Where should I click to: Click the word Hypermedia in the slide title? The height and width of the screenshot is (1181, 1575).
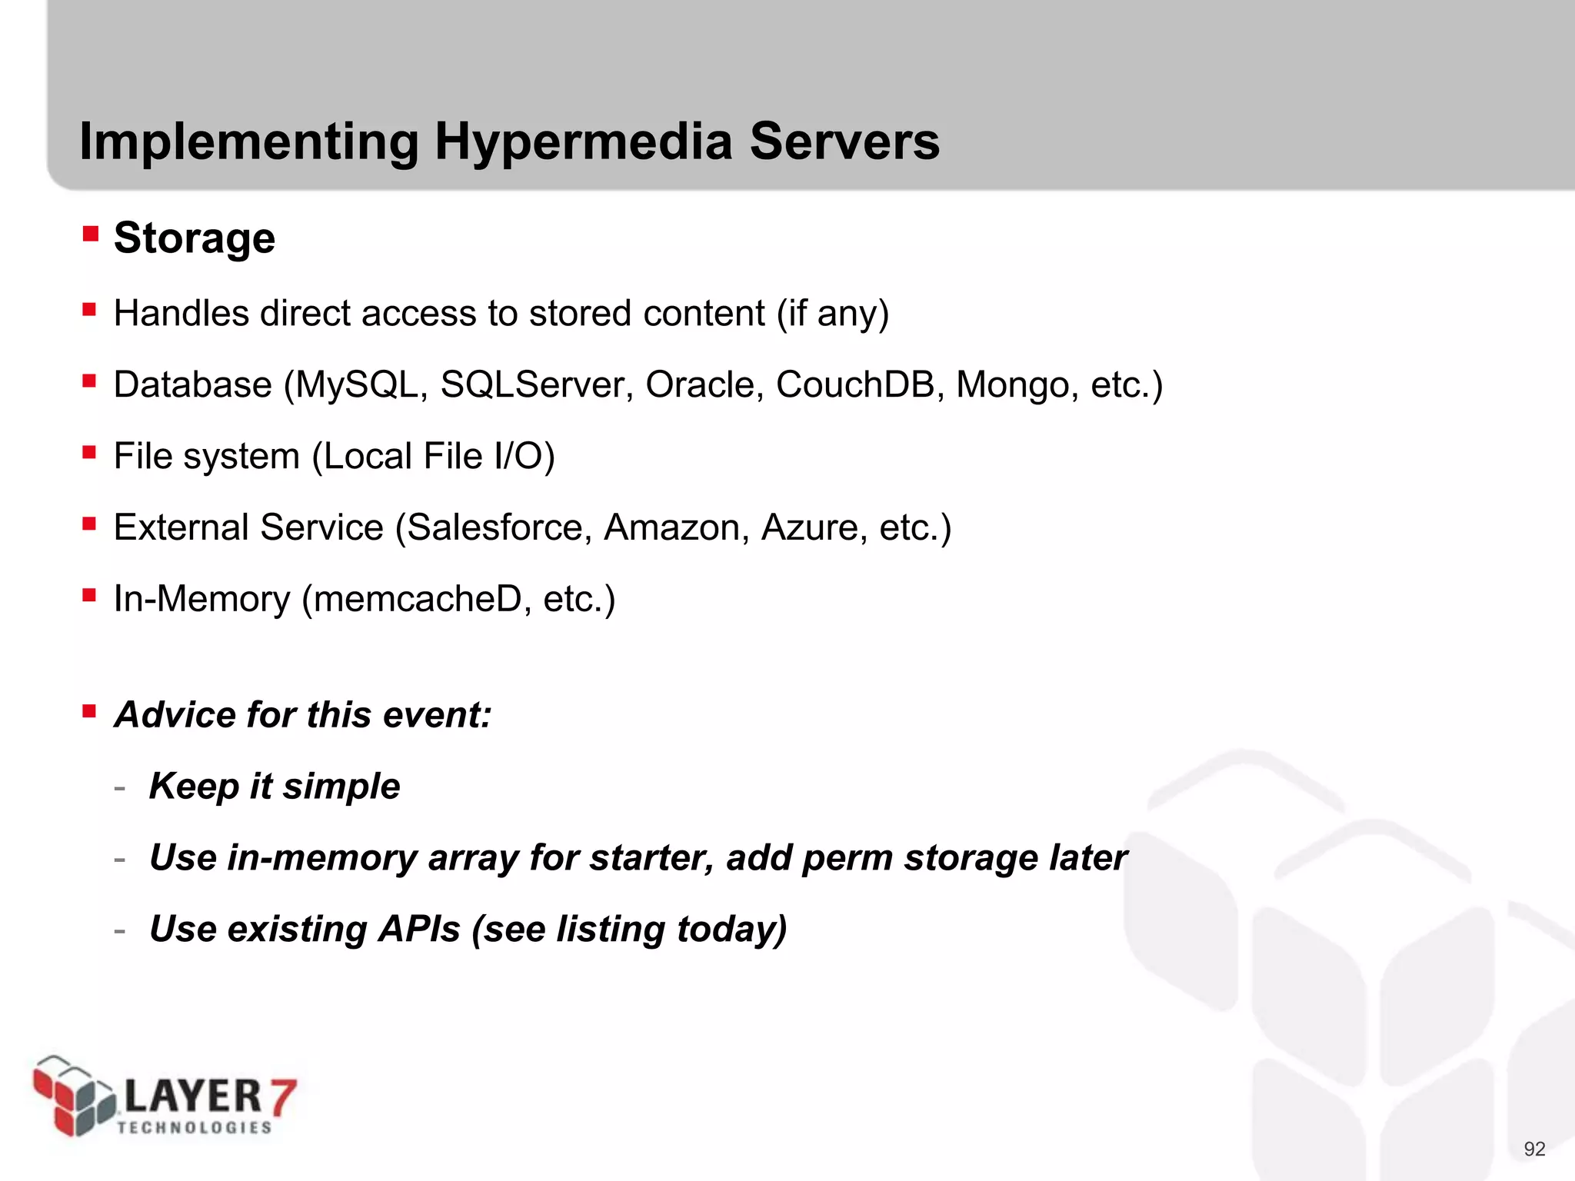click(583, 142)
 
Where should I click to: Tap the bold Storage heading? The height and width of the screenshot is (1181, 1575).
click(195, 238)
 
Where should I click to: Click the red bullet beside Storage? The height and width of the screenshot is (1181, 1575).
click(91, 233)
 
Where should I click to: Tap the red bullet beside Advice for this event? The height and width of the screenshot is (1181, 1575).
click(90, 710)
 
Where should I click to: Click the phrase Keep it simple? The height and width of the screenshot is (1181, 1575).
click(275, 786)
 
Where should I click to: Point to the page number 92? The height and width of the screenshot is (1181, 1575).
click(1534, 1149)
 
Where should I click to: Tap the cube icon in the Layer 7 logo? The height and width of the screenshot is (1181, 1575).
click(73, 1096)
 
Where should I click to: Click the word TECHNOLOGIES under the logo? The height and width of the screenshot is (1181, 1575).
click(195, 1127)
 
